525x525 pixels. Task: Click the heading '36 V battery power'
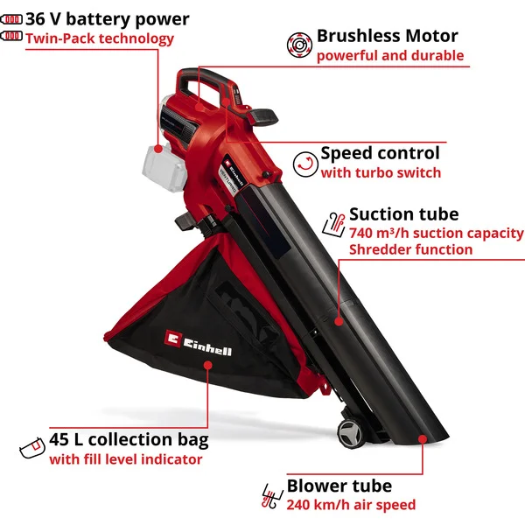(x=107, y=18)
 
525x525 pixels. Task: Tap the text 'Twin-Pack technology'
(x=100, y=38)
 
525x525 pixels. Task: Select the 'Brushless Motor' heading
(x=387, y=36)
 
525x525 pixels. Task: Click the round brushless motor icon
(x=299, y=45)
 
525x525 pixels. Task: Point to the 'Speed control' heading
(x=380, y=153)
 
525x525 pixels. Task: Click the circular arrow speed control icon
(x=305, y=164)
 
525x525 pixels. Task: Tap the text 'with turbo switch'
(x=381, y=172)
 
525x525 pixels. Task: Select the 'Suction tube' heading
(x=403, y=214)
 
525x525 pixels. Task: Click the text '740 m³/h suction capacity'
(x=436, y=233)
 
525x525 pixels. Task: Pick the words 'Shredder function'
(x=411, y=249)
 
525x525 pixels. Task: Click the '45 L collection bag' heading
(x=129, y=439)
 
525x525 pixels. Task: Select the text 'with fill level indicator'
(x=126, y=459)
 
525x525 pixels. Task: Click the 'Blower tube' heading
(x=339, y=486)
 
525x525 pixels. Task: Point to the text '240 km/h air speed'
(x=351, y=505)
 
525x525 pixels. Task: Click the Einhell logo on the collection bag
(x=198, y=343)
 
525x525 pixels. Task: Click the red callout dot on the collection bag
(x=208, y=365)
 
